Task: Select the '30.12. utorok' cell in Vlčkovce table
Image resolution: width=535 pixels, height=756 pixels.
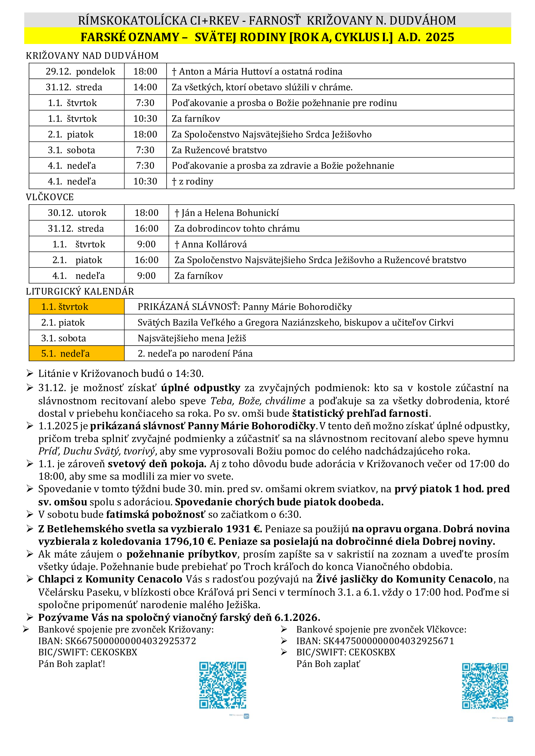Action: pos(77,213)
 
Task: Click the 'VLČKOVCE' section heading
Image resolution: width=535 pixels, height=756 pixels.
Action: pos(50,197)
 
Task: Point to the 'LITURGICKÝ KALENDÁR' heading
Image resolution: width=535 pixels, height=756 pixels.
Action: pos(80,291)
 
